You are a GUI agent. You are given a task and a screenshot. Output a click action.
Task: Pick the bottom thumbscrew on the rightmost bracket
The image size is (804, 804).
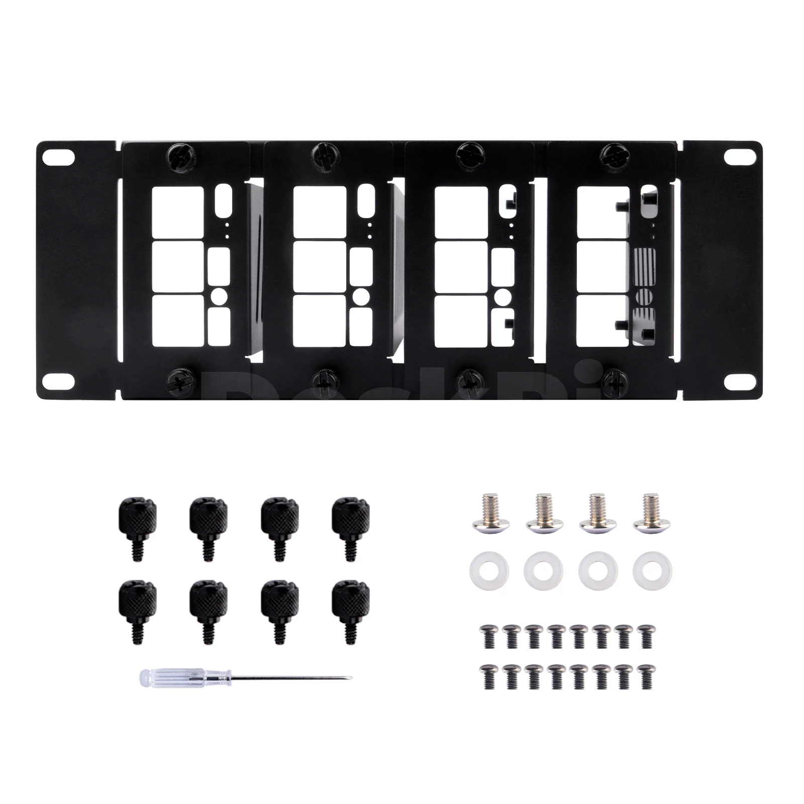click(615, 380)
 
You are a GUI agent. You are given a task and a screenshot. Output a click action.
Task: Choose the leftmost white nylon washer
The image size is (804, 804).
click(488, 571)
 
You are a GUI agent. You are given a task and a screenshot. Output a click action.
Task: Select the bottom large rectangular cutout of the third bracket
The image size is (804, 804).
click(461, 321)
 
